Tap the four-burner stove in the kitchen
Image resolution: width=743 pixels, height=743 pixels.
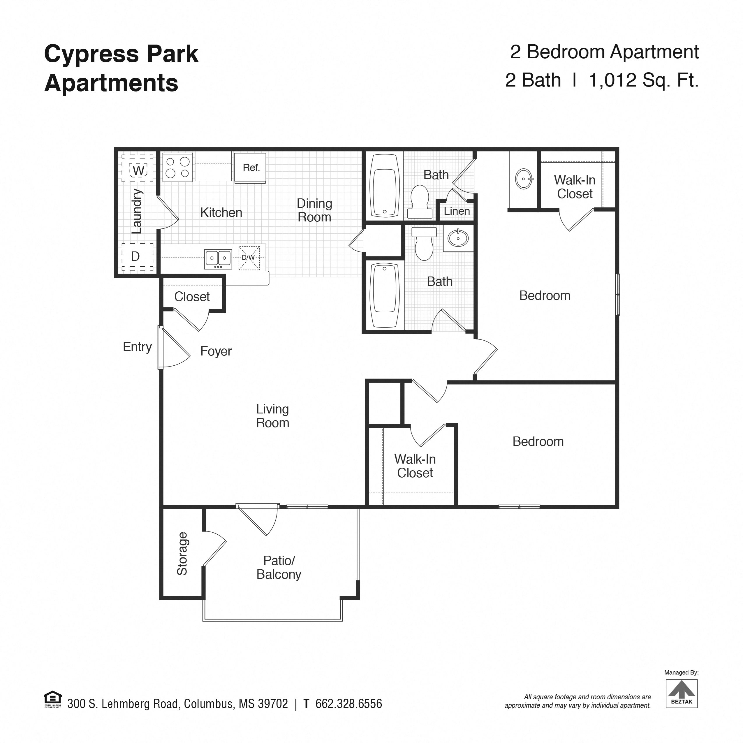tap(177, 167)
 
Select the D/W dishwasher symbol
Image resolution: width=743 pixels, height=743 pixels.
tap(249, 258)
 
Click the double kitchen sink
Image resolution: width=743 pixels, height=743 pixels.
tap(218, 258)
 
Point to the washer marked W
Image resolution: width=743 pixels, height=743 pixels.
tap(138, 170)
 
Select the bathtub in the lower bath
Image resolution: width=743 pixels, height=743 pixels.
tap(384, 295)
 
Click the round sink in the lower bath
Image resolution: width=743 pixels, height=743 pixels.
tap(458, 238)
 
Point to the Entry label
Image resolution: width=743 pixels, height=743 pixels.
tap(137, 346)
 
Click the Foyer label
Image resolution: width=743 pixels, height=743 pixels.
tap(216, 351)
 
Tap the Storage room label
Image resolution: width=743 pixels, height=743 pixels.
tap(182, 554)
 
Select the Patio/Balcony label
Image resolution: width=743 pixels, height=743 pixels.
tap(279, 568)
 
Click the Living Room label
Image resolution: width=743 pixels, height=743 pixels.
tap(272, 416)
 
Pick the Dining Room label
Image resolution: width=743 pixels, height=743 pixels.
tap(314, 210)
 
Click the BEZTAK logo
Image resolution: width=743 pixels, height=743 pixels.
tap(682, 693)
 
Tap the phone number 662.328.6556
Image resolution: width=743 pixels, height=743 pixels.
tap(348, 704)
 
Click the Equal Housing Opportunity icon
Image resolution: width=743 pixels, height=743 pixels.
tap(53, 700)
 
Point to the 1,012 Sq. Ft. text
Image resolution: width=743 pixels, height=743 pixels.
tap(643, 80)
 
